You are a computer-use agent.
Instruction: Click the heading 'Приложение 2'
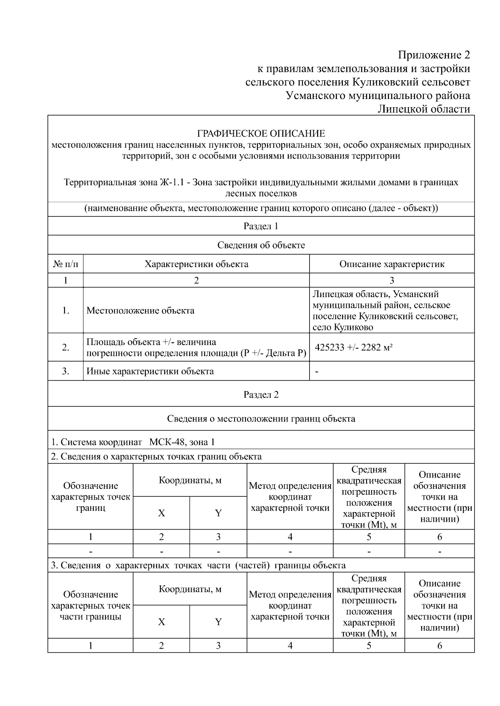434,55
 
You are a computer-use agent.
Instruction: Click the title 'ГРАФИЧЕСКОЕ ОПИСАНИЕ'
261,134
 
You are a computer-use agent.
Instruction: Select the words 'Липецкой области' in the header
423,109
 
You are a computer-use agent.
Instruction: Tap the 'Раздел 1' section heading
261,226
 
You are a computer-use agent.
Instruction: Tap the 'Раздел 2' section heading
261,394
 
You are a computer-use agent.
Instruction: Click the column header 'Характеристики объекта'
196,264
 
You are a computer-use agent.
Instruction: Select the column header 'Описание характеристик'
392,264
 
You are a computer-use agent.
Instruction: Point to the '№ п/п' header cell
65,264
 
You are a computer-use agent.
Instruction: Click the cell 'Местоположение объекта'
140,311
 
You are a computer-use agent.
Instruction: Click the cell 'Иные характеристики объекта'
150,372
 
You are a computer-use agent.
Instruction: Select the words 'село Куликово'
342,327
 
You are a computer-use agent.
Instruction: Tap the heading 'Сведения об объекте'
261,245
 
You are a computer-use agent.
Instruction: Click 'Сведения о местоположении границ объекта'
261,419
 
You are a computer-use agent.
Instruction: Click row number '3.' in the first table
65,372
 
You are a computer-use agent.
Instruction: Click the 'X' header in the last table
161,622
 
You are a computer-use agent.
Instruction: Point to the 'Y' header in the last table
218,622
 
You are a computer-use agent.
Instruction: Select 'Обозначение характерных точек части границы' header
90,606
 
